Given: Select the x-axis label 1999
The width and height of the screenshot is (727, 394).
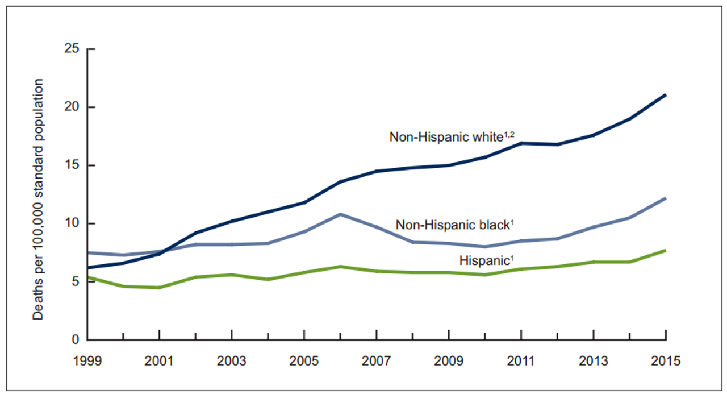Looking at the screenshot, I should tap(87, 361).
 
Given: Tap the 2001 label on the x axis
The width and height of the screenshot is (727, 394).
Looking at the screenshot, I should tap(160, 361).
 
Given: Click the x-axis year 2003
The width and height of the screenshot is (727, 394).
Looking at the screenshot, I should tap(232, 361).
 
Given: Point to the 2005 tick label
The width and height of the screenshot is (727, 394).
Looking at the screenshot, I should tap(304, 361).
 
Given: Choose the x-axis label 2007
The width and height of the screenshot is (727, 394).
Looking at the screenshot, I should tap(377, 361).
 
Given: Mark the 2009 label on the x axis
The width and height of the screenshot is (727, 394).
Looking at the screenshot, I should tap(449, 361).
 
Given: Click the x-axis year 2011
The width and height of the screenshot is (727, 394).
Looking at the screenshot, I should tap(521, 361).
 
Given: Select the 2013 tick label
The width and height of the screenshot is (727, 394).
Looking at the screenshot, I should tap(594, 361).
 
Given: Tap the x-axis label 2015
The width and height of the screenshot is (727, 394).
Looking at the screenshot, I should tap(666, 361).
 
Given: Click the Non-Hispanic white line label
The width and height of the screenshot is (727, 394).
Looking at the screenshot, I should tap(452, 137).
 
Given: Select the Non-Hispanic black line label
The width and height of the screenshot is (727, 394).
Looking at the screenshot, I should tap(455, 225).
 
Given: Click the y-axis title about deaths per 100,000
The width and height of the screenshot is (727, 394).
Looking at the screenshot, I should tap(38, 198).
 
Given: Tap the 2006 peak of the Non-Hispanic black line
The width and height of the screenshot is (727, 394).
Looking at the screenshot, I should tap(340, 214).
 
